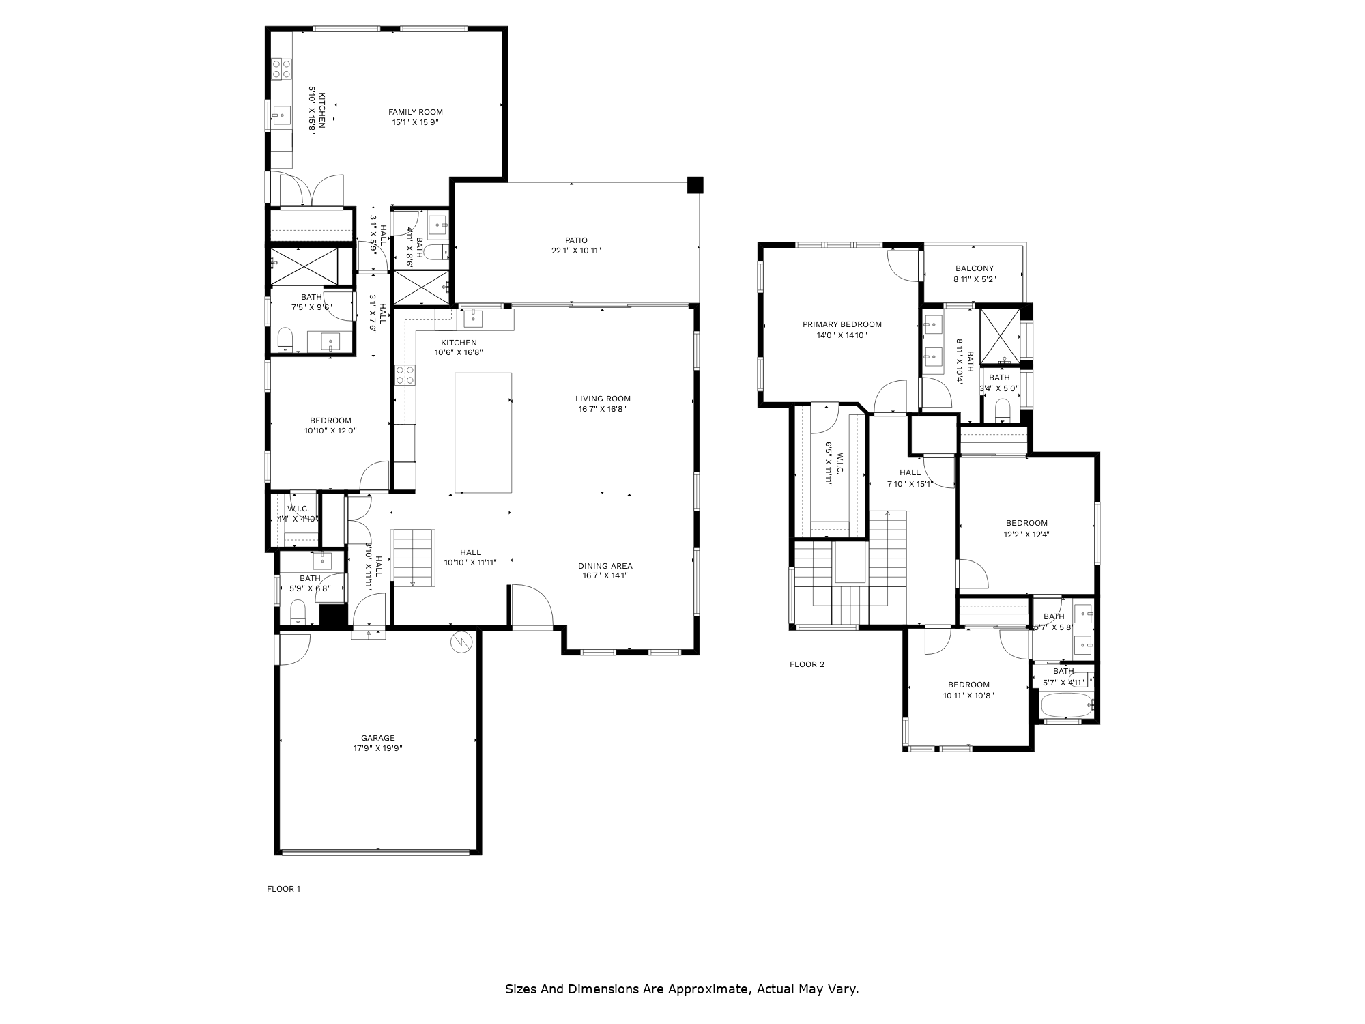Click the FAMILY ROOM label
416,112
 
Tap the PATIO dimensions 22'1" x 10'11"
576,251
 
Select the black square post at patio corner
695,184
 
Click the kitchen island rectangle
483,432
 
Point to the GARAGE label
378,738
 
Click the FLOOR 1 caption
283,889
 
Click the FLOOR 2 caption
807,664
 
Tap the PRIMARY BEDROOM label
842,324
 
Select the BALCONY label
974,268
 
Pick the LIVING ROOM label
603,399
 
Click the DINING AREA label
605,566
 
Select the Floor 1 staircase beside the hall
413,556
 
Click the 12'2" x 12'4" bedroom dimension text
1026,535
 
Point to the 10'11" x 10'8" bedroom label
968,696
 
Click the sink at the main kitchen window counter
474,318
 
